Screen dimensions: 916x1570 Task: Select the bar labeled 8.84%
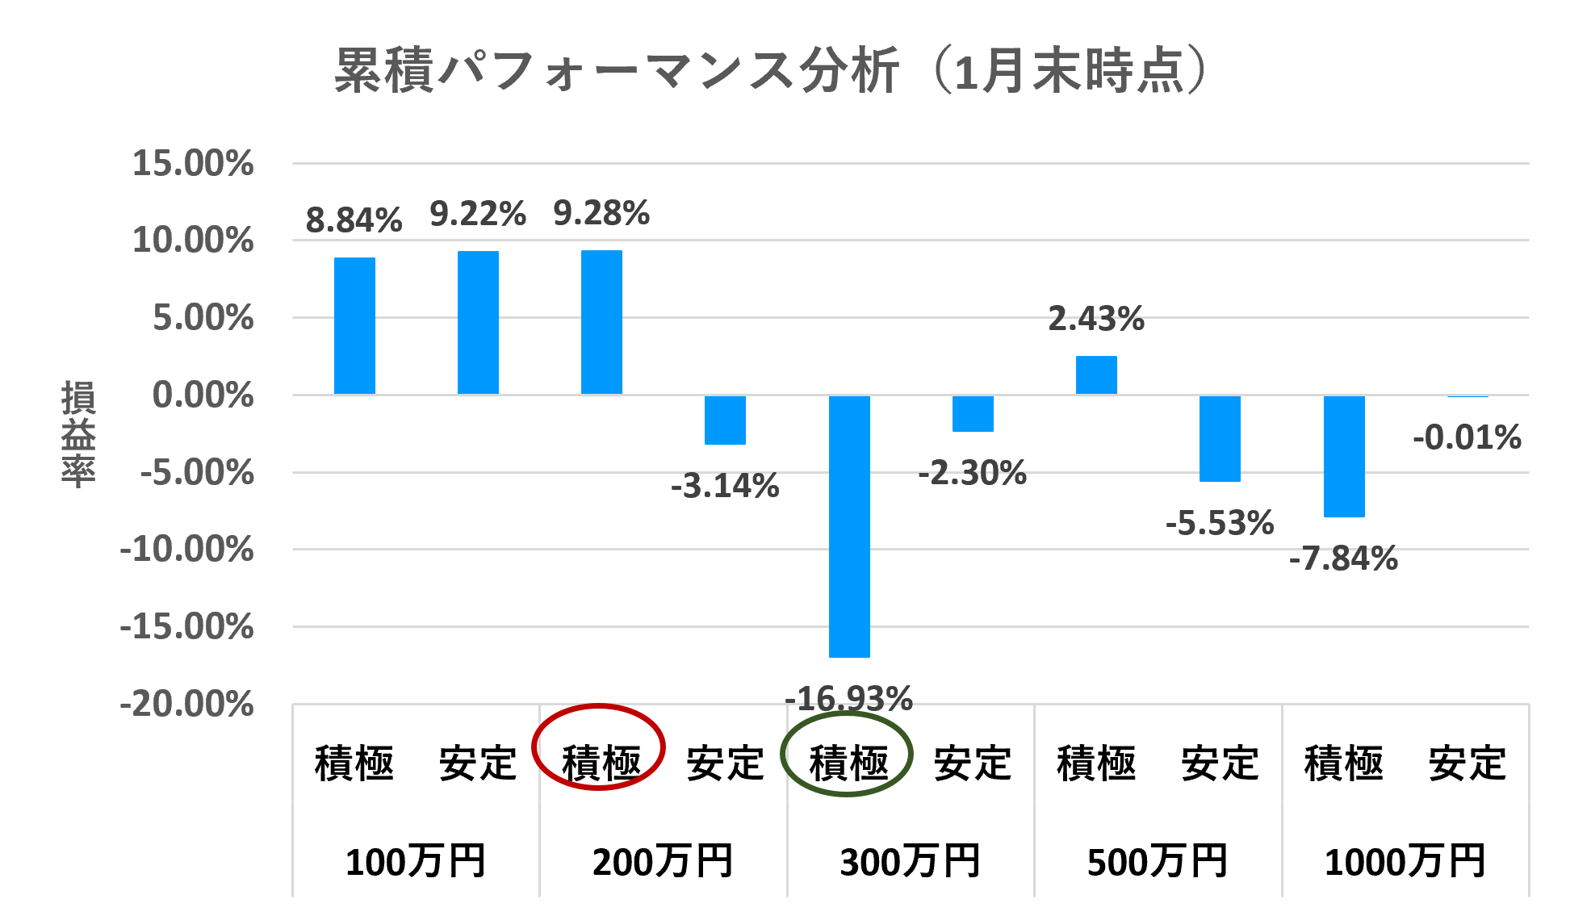354,325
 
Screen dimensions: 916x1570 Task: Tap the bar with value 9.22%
478,322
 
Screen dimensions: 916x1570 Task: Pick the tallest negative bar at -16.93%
849,526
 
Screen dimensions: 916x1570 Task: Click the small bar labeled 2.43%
1096,374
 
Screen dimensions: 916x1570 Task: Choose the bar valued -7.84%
1344,456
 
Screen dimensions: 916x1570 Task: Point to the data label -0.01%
1467,437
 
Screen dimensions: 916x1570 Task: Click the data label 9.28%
601,214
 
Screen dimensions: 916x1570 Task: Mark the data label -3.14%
725,486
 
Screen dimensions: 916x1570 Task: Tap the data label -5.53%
1220,523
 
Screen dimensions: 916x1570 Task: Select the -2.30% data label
972,473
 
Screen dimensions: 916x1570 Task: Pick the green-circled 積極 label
848,763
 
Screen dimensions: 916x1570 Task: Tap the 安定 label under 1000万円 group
1467,763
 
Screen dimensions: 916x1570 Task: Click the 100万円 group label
416,861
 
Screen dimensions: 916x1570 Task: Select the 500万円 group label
1158,861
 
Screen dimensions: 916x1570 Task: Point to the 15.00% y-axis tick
193,164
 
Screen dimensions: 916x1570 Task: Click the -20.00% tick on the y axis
186,705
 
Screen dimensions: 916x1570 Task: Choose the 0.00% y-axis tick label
203,395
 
